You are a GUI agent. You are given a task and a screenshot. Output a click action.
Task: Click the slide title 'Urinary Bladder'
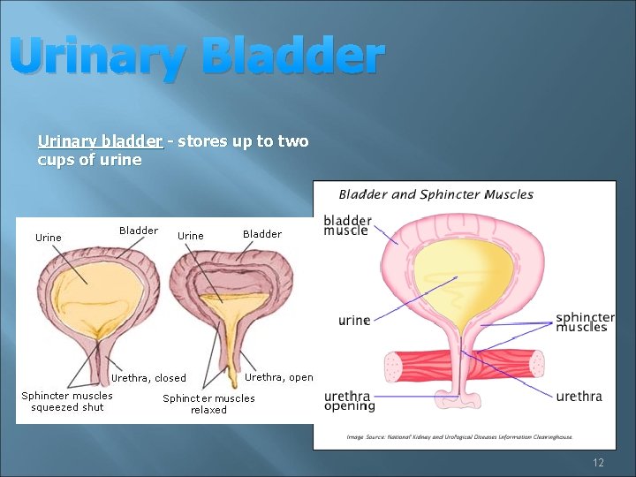pyautogui.click(x=198, y=57)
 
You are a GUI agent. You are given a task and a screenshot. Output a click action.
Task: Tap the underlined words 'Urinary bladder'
pyautogui.click(x=100, y=141)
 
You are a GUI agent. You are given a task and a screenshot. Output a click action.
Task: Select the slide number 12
pyautogui.click(x=598, y=462)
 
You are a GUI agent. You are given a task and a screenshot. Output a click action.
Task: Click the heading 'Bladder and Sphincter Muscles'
pyautogui.click(x=436, y=194)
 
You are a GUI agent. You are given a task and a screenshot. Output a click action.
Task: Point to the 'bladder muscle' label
pyautogui.click(x=346, y=225)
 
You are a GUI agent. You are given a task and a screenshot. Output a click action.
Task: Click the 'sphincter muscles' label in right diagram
pyautogui.click(x=584, y=322)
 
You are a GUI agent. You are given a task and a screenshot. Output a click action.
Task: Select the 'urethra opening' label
pyautogui.click(x=349, y=401)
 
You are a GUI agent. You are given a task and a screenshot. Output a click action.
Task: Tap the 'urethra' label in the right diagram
pyautogui.click(x=579, y=397)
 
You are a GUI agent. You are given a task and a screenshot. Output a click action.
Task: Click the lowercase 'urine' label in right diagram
pyautogui.click(x=354, y=320)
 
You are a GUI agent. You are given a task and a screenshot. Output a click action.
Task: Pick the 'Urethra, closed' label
pyautogui.click(x=148, y=378)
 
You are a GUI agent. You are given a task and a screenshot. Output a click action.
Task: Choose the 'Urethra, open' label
pyautogui.click(x=278, y=377)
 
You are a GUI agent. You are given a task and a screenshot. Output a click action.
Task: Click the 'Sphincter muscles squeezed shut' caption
pyautogui.click(x=67, y=401)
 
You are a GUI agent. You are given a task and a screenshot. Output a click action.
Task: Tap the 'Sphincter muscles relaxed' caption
pyautogui.click(x=208, y=404)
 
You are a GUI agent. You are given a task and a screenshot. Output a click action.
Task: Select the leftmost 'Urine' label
pyautogui.click(x=48, y=237)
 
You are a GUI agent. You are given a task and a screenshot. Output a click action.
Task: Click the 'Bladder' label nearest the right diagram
pyautogui.click(x=261, y=234)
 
